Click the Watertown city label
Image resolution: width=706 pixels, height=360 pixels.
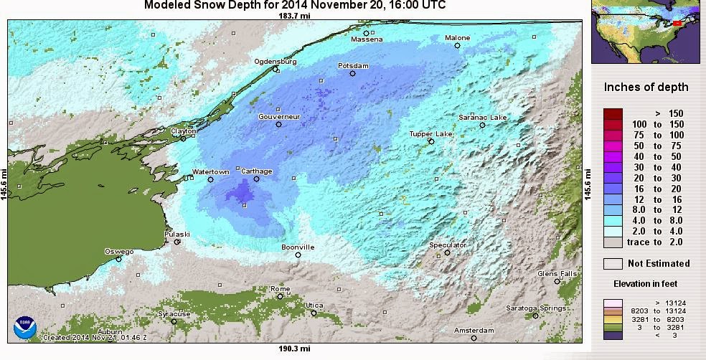(210, 172)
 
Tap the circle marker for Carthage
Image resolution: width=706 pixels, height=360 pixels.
(256, 179)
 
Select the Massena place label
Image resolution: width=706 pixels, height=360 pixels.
(367, 39)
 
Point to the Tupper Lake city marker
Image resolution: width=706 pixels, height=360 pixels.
(431, 141)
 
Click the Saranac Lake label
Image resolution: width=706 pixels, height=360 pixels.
(483, 118)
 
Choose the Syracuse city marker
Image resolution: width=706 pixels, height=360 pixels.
(174, 321)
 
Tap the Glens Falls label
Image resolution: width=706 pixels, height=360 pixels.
(557, 273)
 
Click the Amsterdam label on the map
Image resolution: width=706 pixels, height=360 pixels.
(474, 331)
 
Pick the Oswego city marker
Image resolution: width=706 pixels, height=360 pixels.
(119, 259)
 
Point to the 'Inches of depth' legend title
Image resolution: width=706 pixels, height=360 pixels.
(646, 87)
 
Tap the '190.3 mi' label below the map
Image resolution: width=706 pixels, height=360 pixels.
(294, 349)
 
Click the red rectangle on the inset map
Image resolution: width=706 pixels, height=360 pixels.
(677, 24)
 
